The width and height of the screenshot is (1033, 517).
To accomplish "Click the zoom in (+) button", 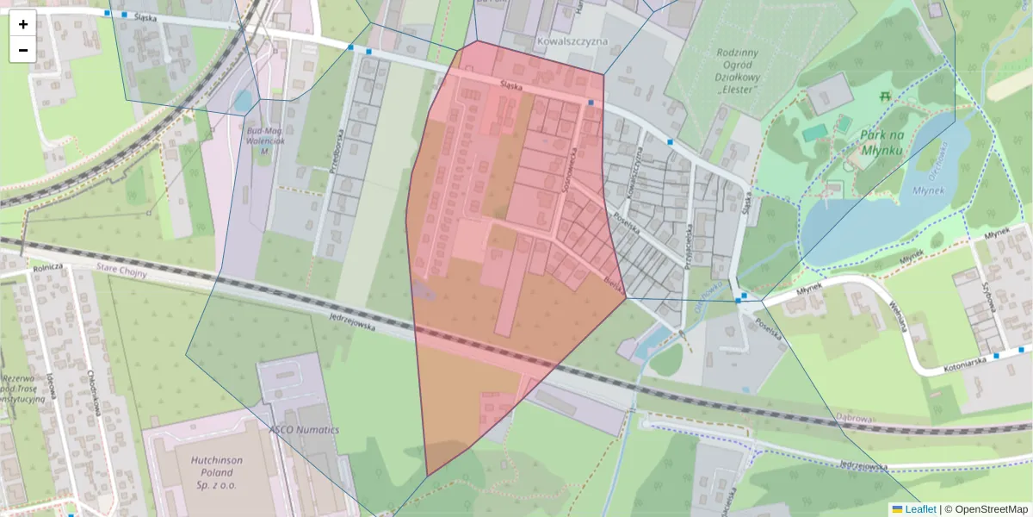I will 23,24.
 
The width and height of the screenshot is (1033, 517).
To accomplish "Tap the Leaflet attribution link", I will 920,509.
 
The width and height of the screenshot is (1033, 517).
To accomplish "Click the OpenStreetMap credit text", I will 991,509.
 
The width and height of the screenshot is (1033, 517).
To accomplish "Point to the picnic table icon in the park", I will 885,97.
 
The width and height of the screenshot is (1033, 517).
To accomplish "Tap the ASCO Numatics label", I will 304,429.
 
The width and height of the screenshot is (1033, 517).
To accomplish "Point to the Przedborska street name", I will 341,152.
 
